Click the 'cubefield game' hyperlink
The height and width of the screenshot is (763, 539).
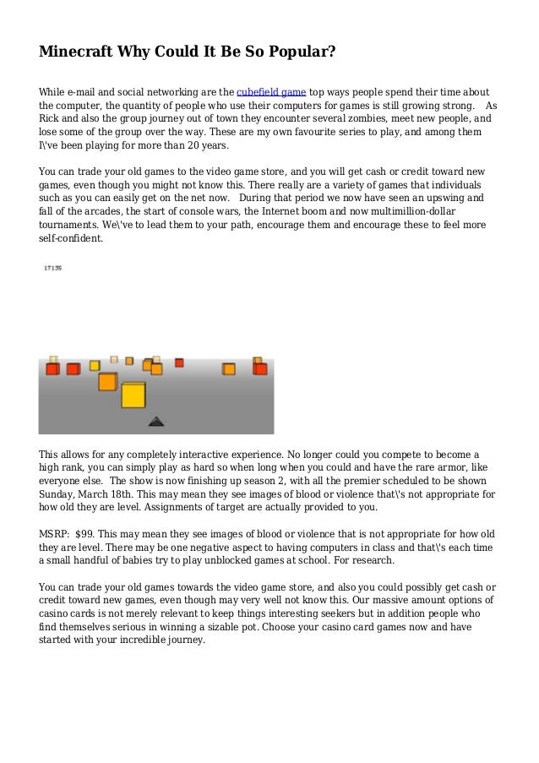click(271, 92)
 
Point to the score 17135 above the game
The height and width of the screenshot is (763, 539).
click(52, 269)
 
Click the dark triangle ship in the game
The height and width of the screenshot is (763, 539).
click(156, 420)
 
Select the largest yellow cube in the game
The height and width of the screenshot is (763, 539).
click(133, 395)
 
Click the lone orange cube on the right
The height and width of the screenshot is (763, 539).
click(229, 368)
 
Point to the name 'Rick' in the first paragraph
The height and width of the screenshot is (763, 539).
click(51, 119)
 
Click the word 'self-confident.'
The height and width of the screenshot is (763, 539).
click(71, 239)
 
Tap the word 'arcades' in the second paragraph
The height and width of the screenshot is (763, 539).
click(109, 212)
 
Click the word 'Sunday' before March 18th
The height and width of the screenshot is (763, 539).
click(57, 494)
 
